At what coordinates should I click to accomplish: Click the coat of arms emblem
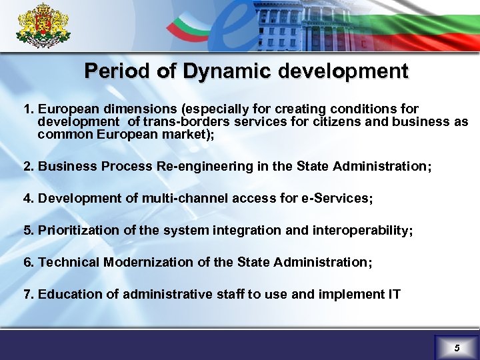pos(43,25)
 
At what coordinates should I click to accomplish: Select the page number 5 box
pos(457,347)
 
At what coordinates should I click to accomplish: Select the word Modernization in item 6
pos(150,262)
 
